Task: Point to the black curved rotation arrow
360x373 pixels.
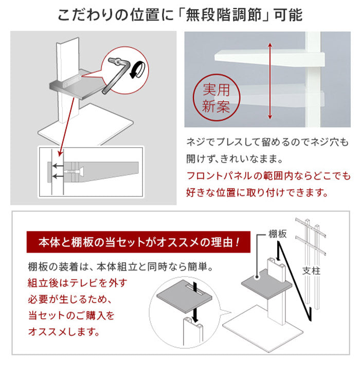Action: (136, 70)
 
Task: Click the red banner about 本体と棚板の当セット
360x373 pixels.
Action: (138, 242)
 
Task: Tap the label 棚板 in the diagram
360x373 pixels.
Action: (278, 234)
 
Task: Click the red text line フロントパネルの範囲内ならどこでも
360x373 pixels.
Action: (267, 176)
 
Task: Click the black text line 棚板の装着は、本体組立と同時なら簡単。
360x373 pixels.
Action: (120, 268)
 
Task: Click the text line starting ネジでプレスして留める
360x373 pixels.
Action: (267, 141)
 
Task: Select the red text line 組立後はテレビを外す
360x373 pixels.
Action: (77, 283)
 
